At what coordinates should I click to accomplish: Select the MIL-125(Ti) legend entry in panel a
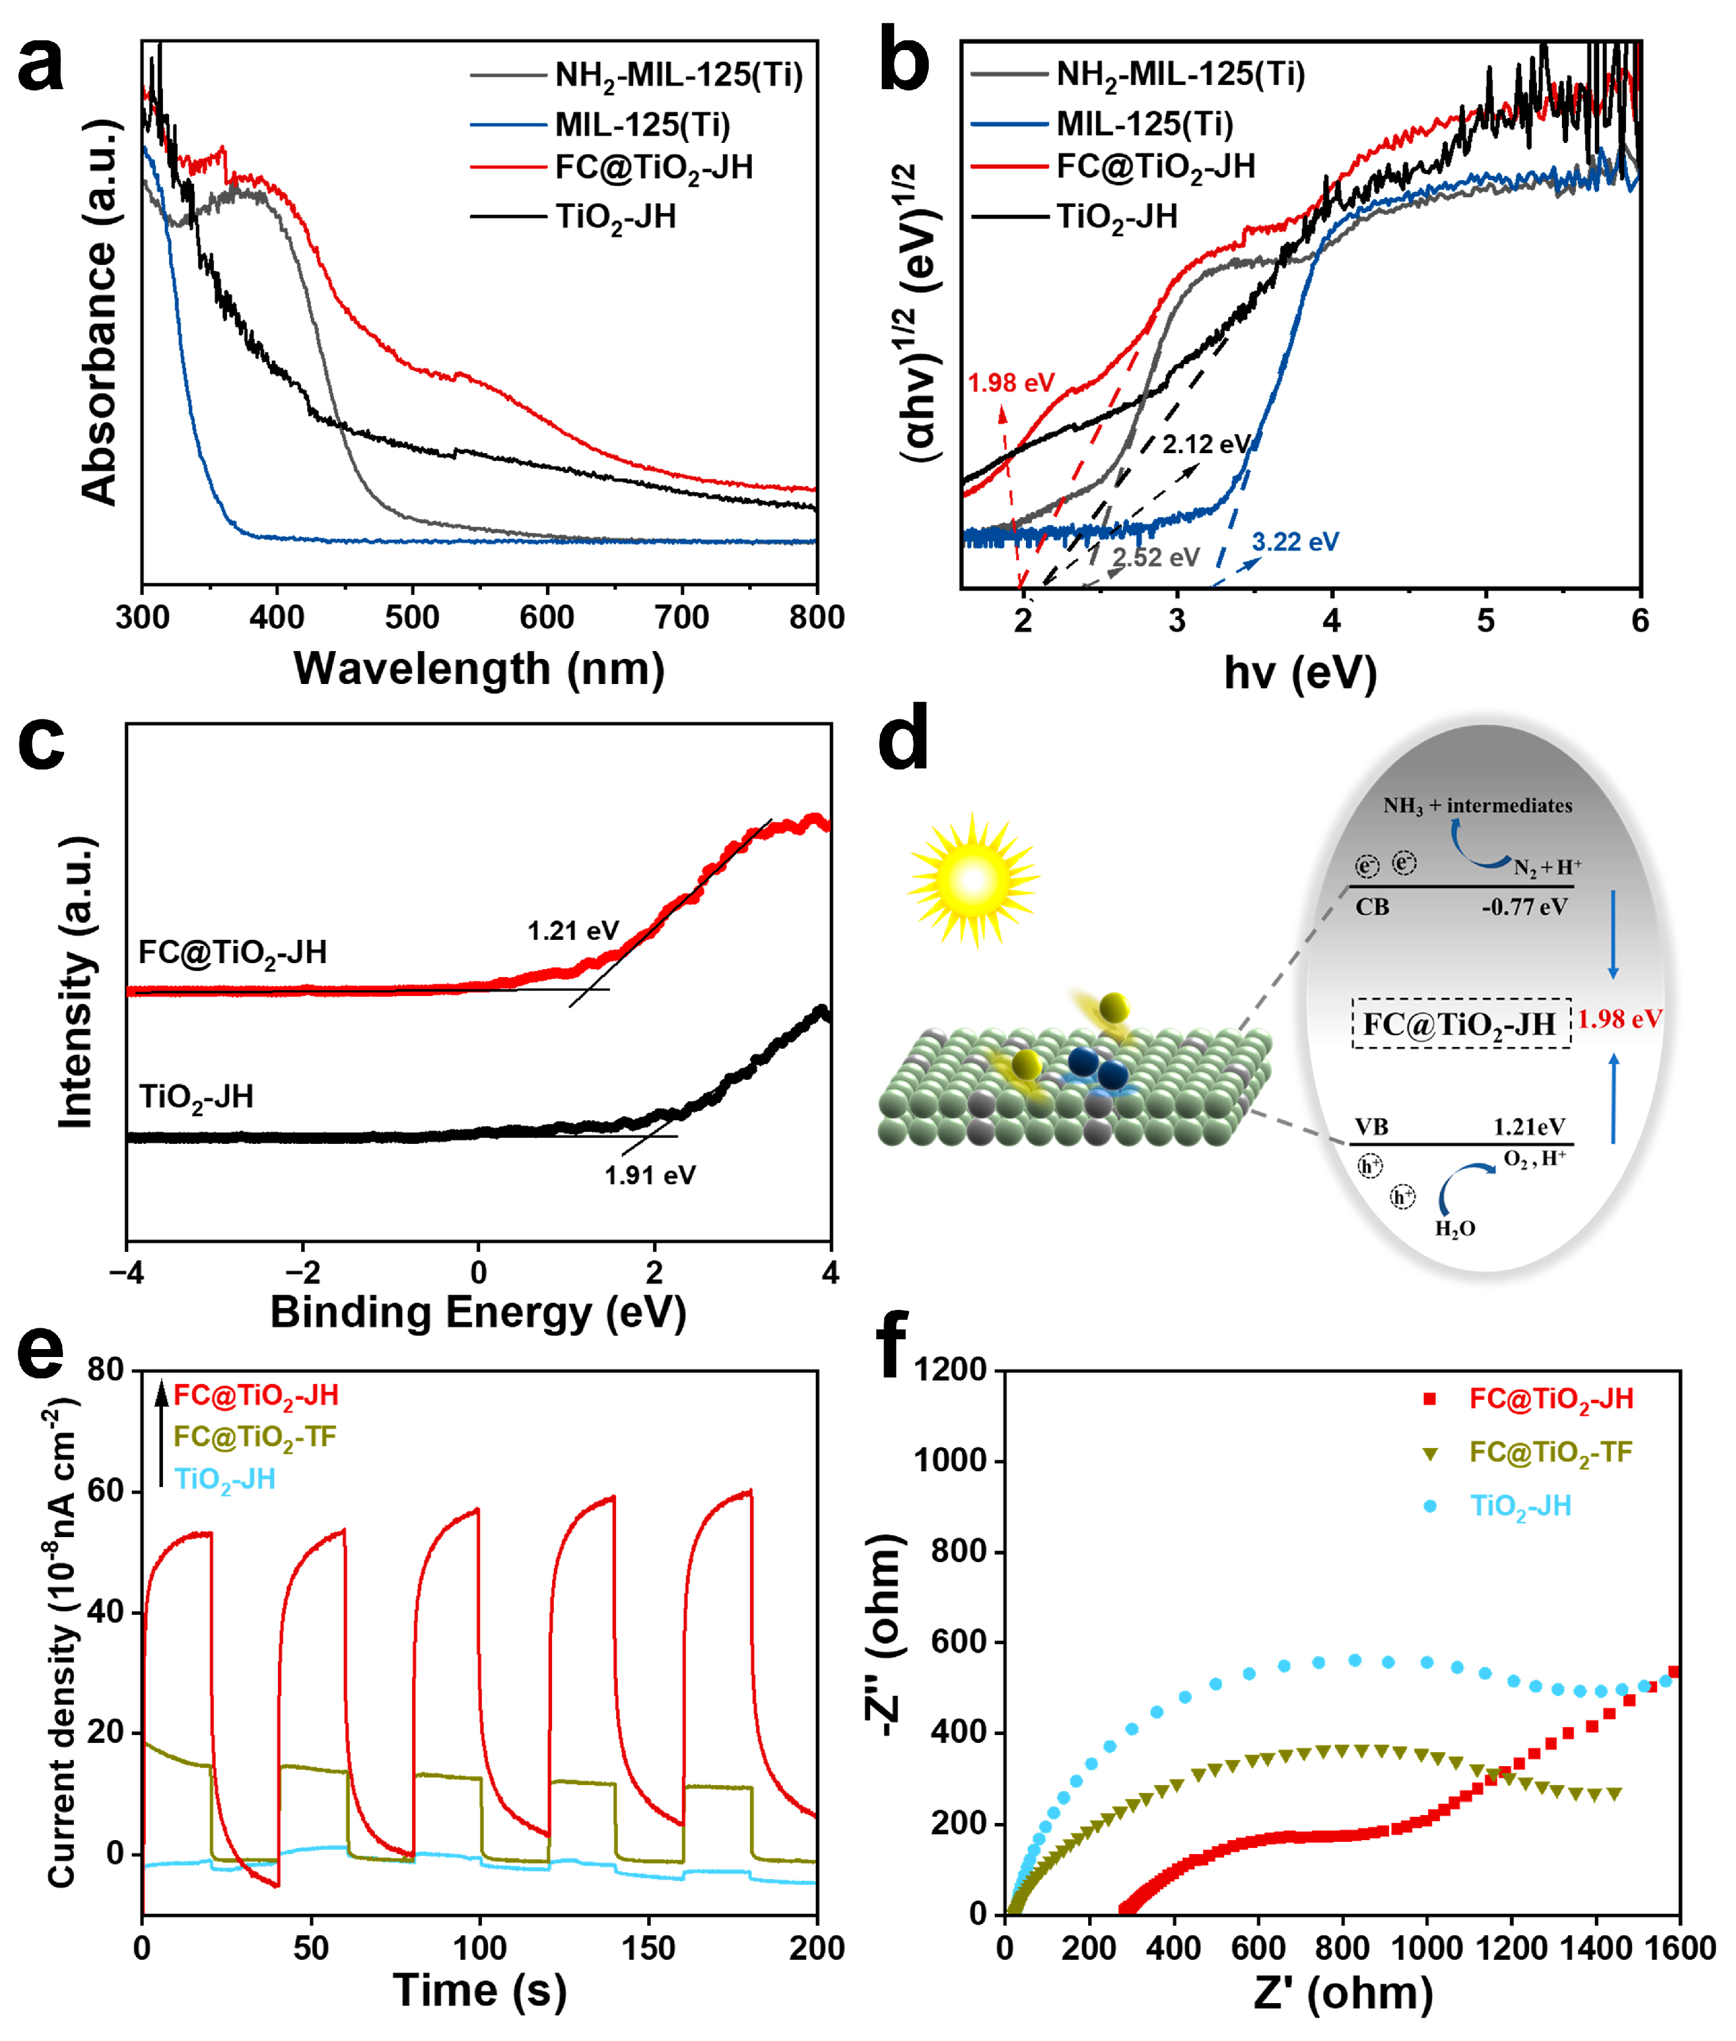coord(642,125)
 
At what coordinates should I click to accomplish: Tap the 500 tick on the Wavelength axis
coord(412,618)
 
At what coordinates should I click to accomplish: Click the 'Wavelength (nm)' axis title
coord(479,669)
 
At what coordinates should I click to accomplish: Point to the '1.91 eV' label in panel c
coord(650,1175)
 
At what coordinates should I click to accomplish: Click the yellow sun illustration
coord(972,880)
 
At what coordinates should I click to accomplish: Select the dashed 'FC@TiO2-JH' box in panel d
coord(1461,1024)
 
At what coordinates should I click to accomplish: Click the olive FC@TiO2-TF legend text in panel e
coord(255,1438)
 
